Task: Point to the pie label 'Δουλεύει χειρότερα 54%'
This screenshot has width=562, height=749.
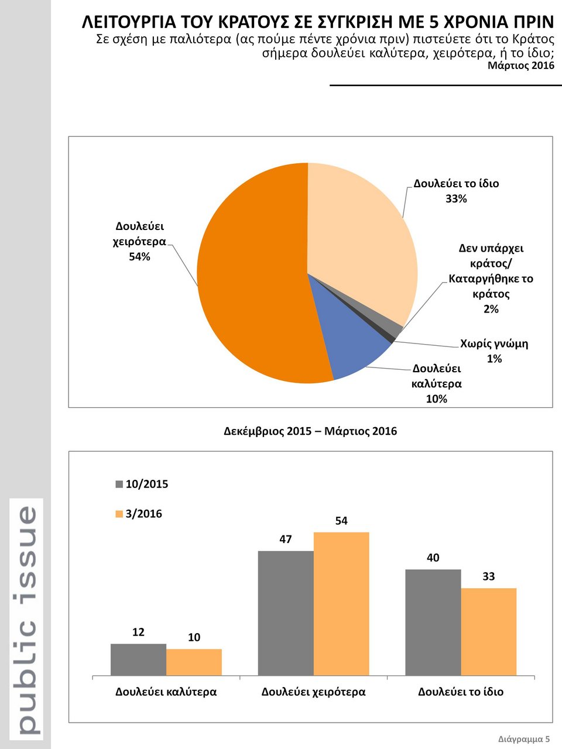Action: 139,241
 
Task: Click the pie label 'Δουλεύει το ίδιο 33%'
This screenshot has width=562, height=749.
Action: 456,191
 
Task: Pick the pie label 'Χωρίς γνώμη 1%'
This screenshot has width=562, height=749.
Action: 494,351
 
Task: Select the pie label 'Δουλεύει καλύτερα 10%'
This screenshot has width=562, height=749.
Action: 437,383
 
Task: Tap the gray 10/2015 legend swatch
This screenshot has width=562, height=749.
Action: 119,484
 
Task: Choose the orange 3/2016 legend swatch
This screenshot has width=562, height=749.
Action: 119,514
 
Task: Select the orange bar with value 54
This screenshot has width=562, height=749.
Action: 341,603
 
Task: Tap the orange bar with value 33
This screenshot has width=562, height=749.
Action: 488,631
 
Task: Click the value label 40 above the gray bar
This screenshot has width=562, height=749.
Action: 433,558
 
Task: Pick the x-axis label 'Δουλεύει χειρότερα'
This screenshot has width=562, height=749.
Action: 313,692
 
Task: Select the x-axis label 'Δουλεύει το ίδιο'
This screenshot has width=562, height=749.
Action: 460,692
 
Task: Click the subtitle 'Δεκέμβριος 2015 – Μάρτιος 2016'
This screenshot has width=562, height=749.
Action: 310,431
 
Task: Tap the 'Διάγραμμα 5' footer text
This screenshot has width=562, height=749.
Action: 524,738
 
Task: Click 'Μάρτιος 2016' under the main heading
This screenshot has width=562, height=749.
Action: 520,66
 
